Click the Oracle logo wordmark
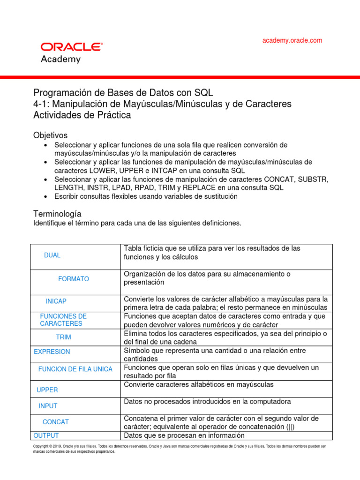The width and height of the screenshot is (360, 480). point(71,47)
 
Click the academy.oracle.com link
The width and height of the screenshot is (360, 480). point(292,40)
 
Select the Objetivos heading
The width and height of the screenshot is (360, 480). point(50,135)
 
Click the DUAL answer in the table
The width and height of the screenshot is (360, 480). point(52,255)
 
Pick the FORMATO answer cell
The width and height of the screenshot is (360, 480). point(74,279)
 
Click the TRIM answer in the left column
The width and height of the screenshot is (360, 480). point(64,337)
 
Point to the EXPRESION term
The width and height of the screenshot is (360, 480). point(52,352)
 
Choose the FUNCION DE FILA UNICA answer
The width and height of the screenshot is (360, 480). point(75,369)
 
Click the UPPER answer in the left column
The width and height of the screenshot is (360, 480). point(47,390)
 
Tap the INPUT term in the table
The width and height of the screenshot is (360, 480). point(48,406)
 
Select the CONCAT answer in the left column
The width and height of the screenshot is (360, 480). point(56,422)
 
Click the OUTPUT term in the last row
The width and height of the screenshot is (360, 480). point(46,435)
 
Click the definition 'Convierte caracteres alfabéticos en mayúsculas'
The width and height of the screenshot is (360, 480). point(198,385)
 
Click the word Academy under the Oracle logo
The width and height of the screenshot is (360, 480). point(60,60)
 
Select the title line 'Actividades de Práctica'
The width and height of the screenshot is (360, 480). point(82,115)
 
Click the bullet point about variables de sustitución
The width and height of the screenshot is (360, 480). point(146,196)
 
